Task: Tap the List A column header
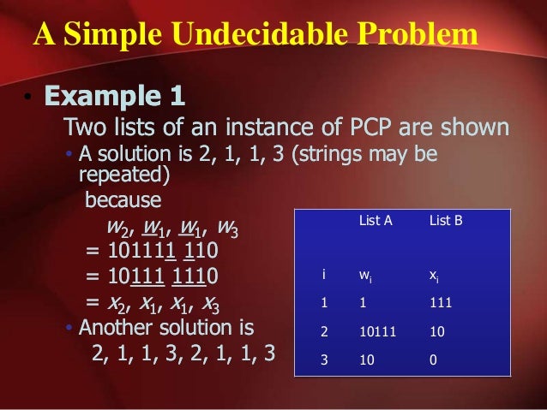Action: pyautogui.click(x=375, y=221)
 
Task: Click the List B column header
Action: pyautogui.click(x=446, y=221)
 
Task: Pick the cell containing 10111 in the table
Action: pyautogui.click(x=376, y=332)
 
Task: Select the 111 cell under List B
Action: pyautogui.click(x=440, y=303)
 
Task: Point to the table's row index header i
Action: pyautogui.click(x=323, y=275)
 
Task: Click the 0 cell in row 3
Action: pyautogui.click(x=433, y=360)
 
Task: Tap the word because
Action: pyautogui.click(x=123, y=200)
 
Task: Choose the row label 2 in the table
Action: pyautogui.click(x=324, y=332)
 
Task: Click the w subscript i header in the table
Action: pyautogui.click(x=364, y=276)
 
